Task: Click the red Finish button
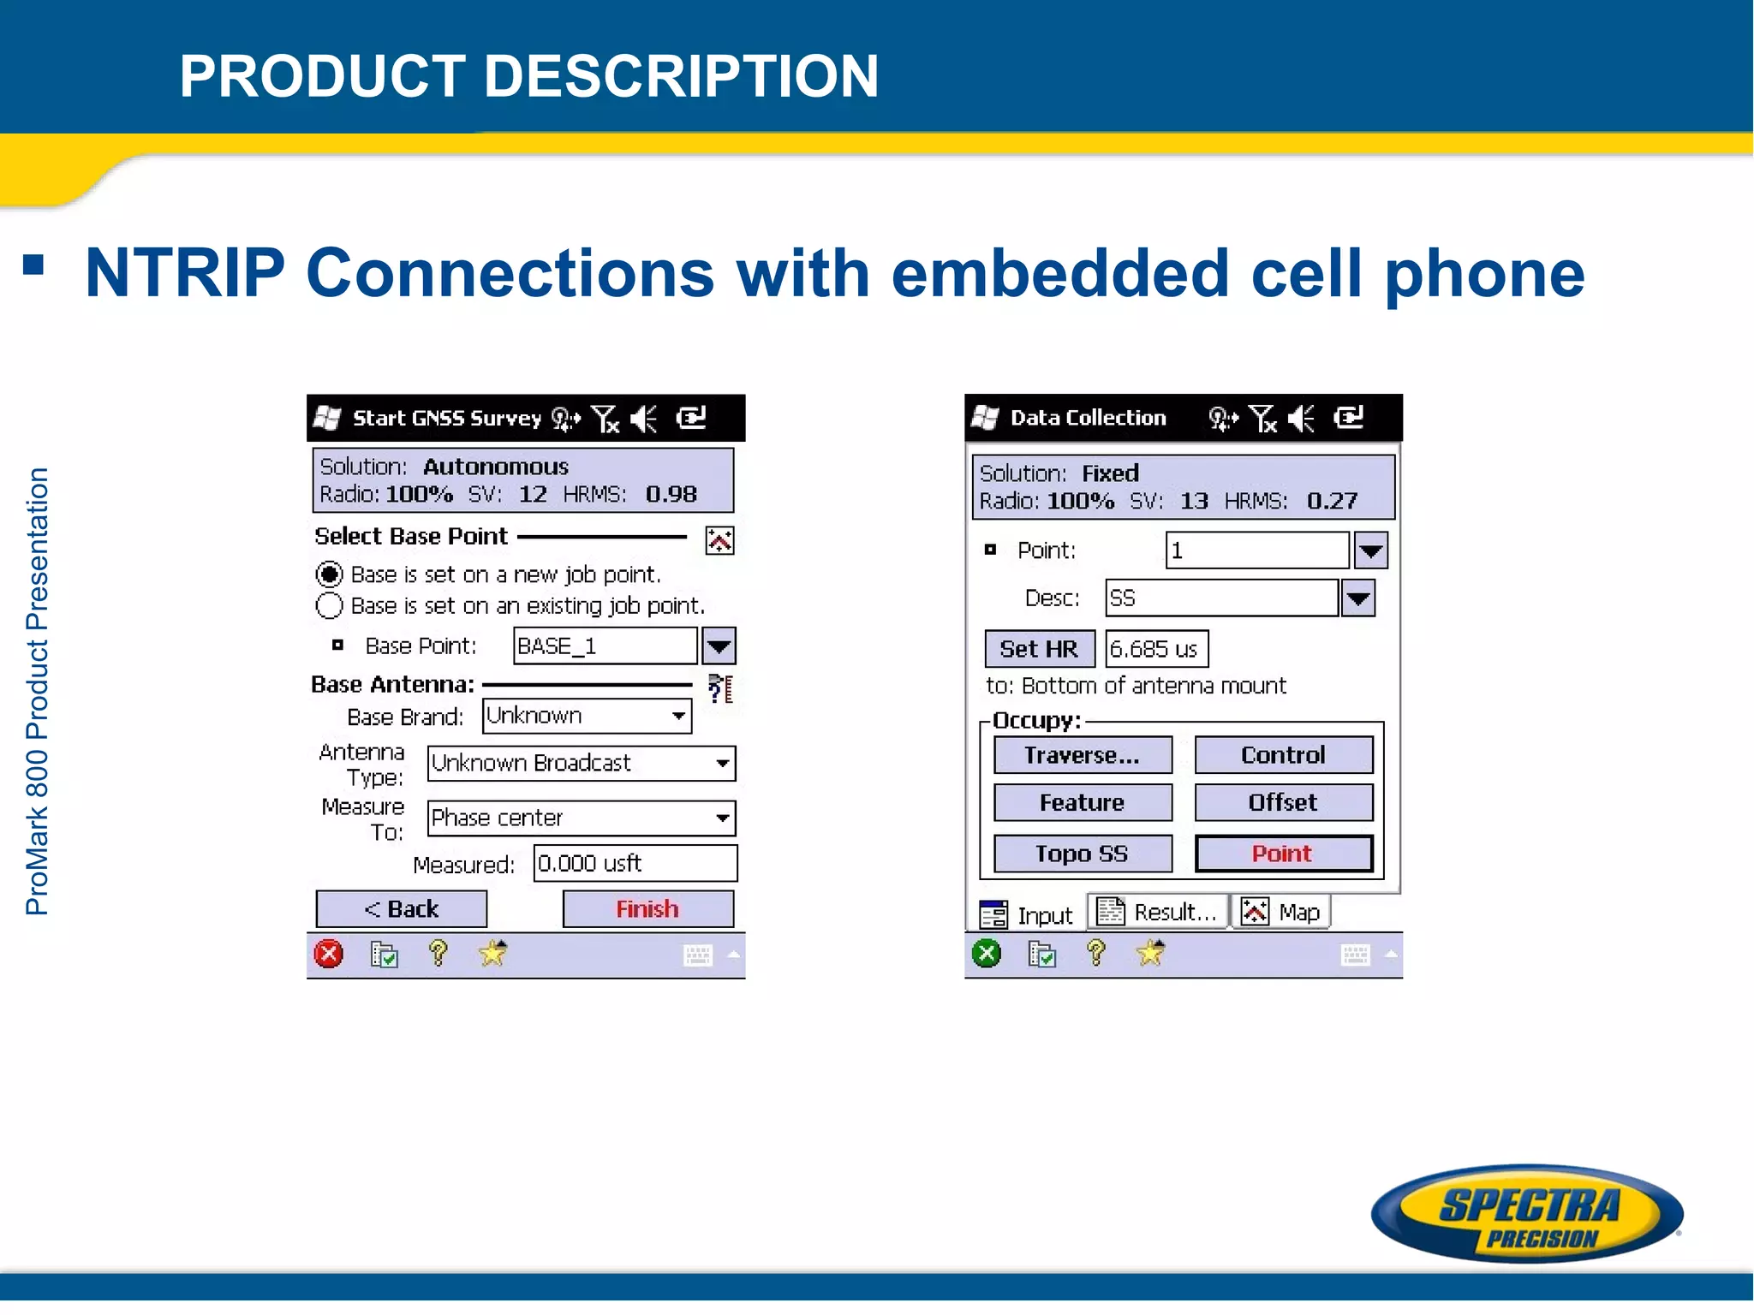[x=647, y=908]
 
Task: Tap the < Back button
[x=401, y=908]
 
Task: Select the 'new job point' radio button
[x=330, y=574]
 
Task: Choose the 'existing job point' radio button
[x=330, y=605]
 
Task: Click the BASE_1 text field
[x=605, y=646]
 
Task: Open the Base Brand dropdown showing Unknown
[x=587, y=716]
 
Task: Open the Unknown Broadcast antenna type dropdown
[x=581, y=763]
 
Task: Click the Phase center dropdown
[x=581, y=818]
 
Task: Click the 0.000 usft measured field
[x=635, y=863]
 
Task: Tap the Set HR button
[x=1039, y=649]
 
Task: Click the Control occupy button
[x=1283, y=755]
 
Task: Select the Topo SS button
[x=1082, y=854]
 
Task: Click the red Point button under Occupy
[x=1283, y=854]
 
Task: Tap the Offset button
[x=1283, y=803]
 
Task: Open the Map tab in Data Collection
[x=1282, y=912]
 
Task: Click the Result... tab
[x=1158, y=912]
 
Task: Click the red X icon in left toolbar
[x=329, y=954]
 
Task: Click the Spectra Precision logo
[x=1527, y=1214]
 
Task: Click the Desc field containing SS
[x=1221, y=598]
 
